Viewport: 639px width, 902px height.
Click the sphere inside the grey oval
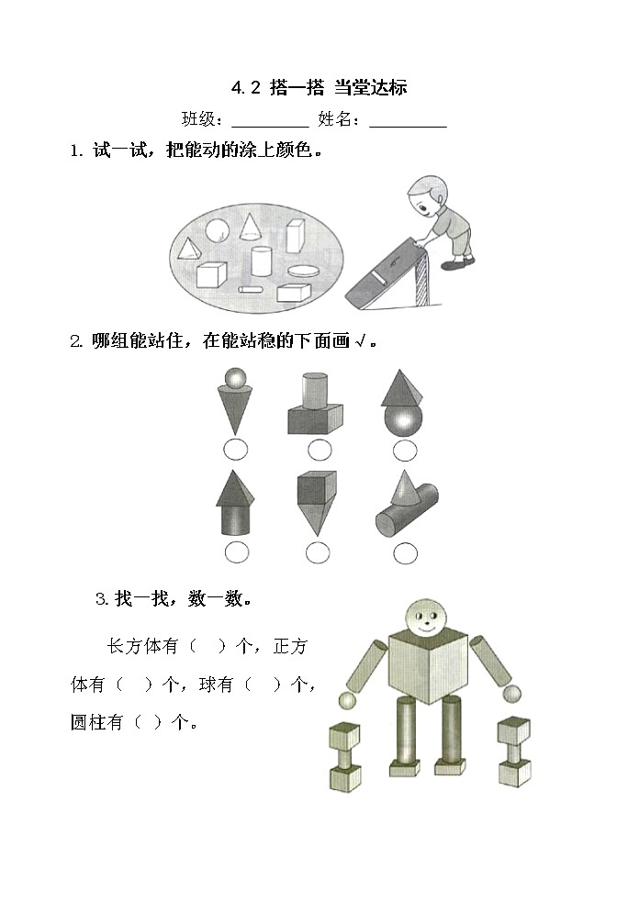[x=218, y=229]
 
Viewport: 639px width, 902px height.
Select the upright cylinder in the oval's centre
[x=262, y=261]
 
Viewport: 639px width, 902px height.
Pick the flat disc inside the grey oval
[x=303, y=271]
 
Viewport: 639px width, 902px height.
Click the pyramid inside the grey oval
[x=190, y=249]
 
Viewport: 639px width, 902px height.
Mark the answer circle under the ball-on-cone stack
[x=235, y=450]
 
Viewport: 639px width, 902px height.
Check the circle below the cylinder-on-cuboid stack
[x=319, y=450]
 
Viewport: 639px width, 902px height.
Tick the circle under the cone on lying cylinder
[x=405, y=553]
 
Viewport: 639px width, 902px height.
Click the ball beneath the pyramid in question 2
[x=404, y=421]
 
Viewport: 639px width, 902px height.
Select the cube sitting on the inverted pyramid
[x=316, y=488]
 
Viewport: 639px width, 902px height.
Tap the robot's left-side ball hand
[x=347, y=701]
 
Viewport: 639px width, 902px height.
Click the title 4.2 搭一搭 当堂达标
[x=319, y=88]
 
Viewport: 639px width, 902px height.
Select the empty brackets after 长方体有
[x=207, y=646]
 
